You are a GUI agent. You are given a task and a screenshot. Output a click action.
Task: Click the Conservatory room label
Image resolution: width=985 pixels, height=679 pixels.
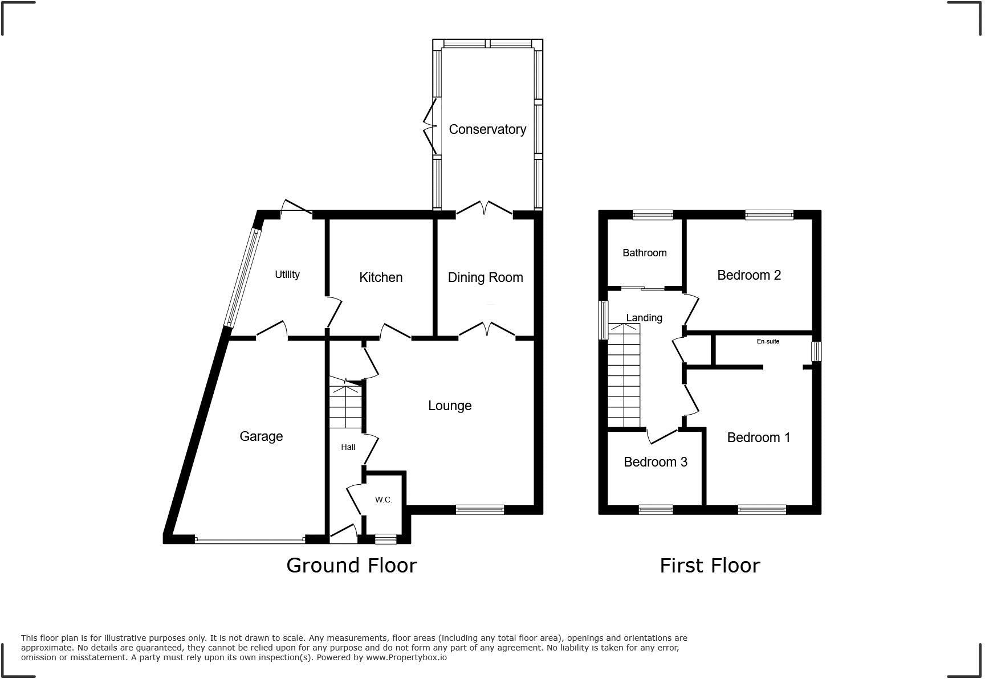pos(487,129)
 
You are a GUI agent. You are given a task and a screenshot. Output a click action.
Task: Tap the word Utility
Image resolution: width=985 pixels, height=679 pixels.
pos(287,275)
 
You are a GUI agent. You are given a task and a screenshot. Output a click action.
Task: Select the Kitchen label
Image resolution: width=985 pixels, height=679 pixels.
pos(381,277)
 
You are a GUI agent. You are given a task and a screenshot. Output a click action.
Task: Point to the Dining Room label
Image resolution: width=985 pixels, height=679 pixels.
pos(485,277)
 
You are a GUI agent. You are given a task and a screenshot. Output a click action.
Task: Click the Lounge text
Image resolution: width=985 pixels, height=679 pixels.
pos(450,406)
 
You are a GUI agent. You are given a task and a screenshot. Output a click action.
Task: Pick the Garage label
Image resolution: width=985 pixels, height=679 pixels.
pos(261,436)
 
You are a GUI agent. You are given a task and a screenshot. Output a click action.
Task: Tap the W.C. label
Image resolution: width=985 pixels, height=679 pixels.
pos(384,500)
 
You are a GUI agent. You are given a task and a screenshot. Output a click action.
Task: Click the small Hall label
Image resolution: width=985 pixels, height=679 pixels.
pos(348,447)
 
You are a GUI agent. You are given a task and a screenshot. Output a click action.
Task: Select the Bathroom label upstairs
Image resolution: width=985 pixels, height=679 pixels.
pos(644,253)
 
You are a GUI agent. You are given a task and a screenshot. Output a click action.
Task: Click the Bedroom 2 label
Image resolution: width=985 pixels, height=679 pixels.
pos(748,275)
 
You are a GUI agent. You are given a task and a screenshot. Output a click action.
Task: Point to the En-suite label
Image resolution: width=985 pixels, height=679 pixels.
pos(767,341)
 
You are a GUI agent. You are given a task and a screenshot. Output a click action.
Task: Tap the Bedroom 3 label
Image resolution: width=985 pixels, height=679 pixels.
pos(655,462)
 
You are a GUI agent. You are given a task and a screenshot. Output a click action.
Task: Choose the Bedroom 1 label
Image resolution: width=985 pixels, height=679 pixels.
pos(758,437)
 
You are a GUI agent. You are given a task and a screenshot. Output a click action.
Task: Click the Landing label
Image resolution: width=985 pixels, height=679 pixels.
pos(644,318)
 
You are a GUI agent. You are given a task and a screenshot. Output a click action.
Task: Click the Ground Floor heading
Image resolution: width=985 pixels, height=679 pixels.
pos(351,566)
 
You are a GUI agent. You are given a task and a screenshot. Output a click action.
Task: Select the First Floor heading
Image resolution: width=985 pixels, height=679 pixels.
pos(709,566)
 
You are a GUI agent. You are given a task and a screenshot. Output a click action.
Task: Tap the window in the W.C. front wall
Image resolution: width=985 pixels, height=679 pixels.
pos(385,538)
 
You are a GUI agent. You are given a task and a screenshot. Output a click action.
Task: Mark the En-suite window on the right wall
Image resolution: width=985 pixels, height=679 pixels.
pos(816,351)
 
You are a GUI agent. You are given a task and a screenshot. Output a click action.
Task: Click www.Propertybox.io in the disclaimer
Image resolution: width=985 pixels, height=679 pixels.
pos(406,657)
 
